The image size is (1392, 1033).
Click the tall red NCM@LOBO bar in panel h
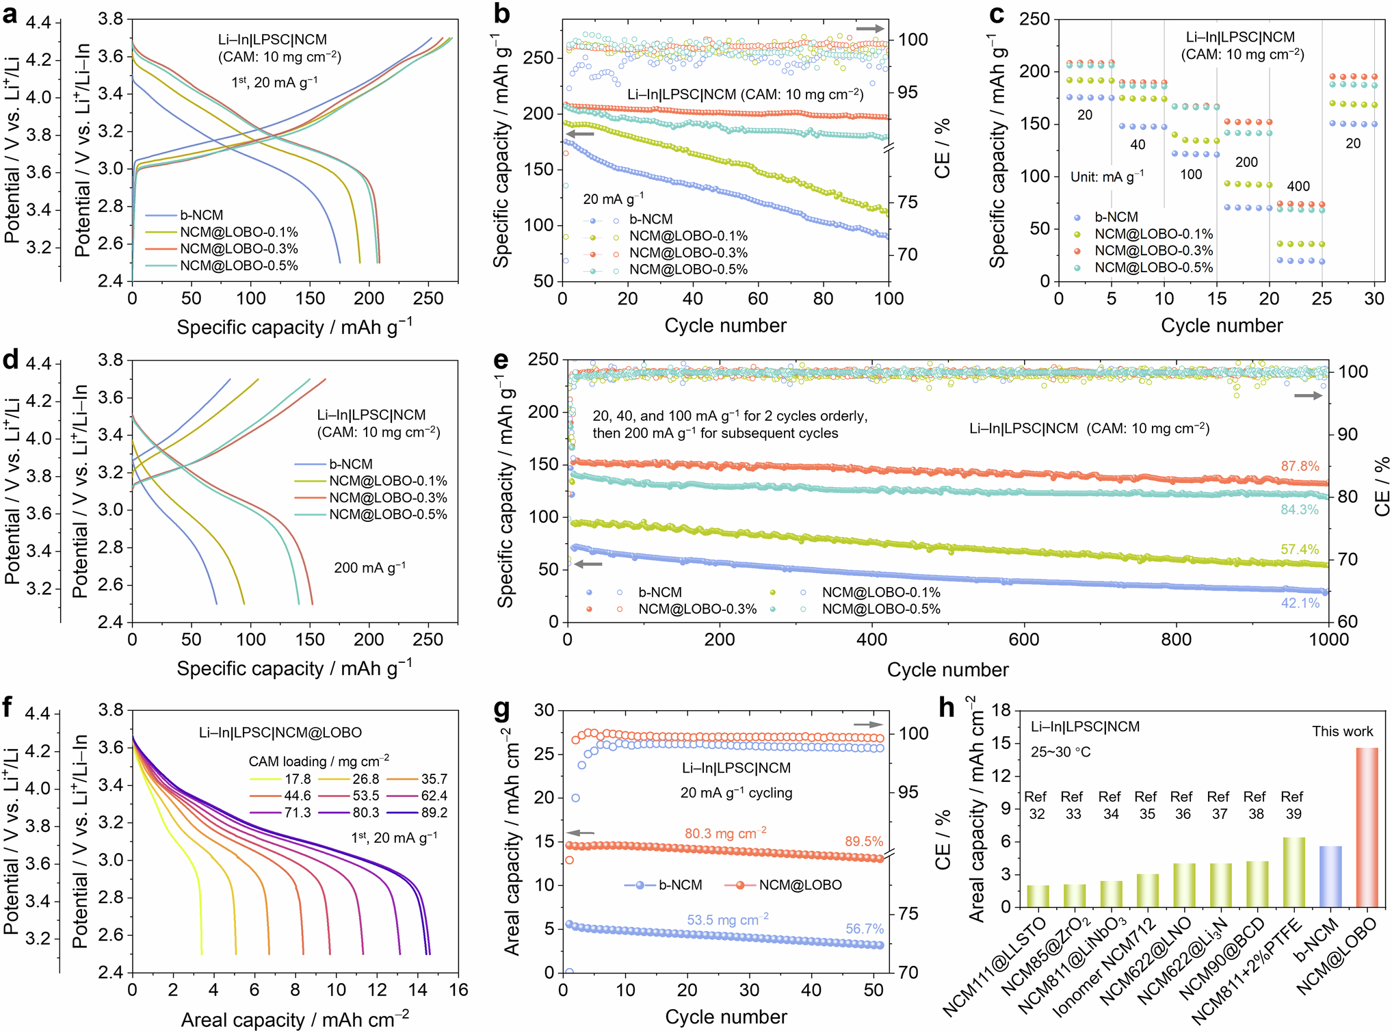tap(1367, 828)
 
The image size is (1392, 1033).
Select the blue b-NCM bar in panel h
tap(1330, 876)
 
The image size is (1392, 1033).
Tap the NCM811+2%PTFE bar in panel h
tap(1293, 872)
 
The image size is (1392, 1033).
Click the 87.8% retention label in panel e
tap(1300, 466)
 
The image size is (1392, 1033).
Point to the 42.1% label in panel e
tap(1300, 603)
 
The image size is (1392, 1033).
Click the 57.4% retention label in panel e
tap(1300, 549)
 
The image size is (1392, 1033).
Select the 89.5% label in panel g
tap(864, 841)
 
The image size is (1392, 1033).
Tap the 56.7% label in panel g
tap(864, 928)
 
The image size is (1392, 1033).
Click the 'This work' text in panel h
tap(1342, 731)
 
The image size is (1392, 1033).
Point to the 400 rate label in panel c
tap(1298, 186)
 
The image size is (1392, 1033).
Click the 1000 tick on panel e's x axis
tap(1328, 640)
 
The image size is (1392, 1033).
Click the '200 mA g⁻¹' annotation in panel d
tap(369, 568)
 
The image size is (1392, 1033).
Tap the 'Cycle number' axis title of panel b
tap(725, 326)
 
